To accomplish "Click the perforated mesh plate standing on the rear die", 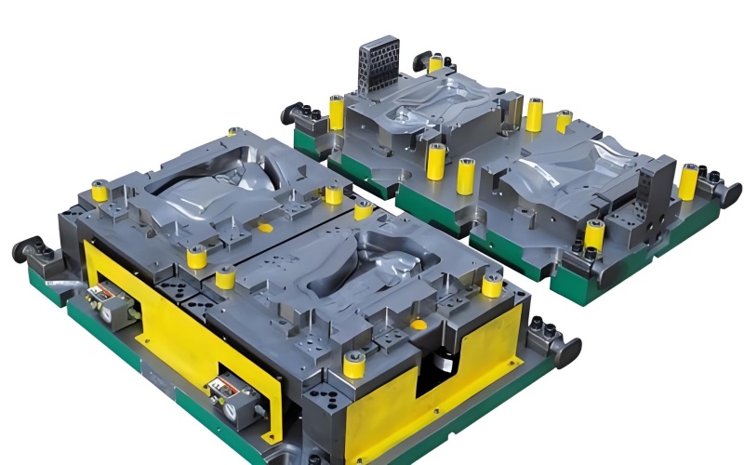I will pos(379,66).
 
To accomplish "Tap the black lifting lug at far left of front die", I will pos(27,249).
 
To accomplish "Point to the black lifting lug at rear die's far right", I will pos(731,194).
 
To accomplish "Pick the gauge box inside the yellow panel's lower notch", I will pos(230,396).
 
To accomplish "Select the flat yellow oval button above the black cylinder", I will pos(418,325).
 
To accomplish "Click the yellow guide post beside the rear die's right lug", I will pos(687,181).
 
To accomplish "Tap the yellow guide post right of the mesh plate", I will pos(435,63).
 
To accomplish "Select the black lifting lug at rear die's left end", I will pos(295,113).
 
